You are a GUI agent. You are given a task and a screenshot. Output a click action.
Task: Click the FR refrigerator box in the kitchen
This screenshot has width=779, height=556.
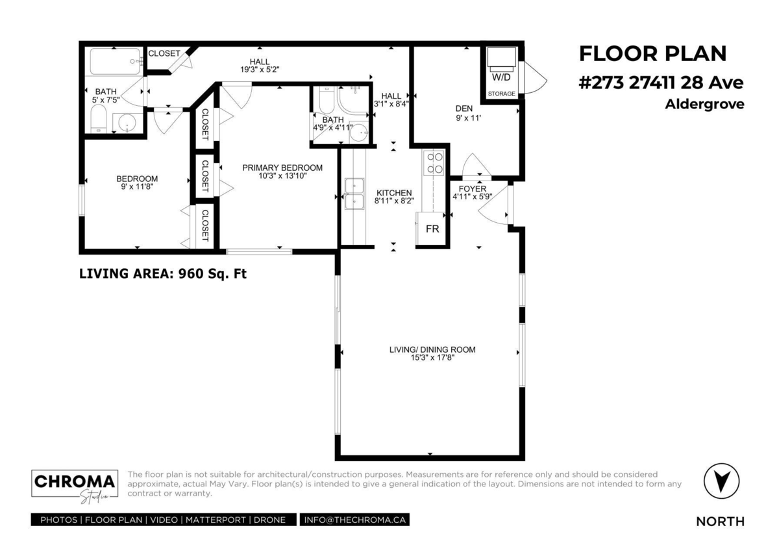point(430,229)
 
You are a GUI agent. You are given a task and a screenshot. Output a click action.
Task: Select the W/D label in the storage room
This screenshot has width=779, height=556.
point(501,77)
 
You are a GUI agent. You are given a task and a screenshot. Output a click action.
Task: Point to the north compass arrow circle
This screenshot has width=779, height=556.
point(721,481)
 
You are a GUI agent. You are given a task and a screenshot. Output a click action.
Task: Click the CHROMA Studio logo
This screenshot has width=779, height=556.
point(75,486)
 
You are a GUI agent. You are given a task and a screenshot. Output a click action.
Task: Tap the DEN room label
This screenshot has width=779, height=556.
point(464,108)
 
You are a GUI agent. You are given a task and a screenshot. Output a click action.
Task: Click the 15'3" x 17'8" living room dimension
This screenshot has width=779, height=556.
point(432,358)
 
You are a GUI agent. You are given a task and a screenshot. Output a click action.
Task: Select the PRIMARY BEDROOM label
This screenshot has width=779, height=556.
point(282,168)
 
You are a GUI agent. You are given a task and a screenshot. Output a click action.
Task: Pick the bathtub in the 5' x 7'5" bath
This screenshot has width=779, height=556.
point(116,62)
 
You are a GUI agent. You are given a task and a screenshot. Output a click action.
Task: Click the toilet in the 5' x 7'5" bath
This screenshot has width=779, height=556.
point(99,119)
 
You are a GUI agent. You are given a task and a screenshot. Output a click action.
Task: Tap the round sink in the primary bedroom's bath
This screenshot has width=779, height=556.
point(360,132)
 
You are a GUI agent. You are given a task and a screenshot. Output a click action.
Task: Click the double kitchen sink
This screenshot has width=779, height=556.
point(354,194)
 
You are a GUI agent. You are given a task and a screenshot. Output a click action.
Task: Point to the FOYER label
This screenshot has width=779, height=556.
point(473,189)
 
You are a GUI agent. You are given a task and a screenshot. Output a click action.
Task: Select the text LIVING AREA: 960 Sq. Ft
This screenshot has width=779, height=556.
point(163,273)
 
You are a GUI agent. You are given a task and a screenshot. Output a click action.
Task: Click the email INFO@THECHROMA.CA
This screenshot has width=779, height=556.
point(354,520)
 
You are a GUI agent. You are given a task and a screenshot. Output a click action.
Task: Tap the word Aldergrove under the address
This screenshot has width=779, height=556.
point(704,104)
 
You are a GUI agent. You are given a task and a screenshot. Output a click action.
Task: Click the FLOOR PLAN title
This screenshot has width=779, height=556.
point(653,53)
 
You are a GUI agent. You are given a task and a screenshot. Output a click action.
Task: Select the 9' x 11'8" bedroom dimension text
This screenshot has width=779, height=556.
point(137,186)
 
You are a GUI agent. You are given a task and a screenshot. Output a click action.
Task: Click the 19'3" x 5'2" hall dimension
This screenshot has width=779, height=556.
point(260,69)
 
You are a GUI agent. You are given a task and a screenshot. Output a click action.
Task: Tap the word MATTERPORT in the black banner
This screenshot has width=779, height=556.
point(216,520)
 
